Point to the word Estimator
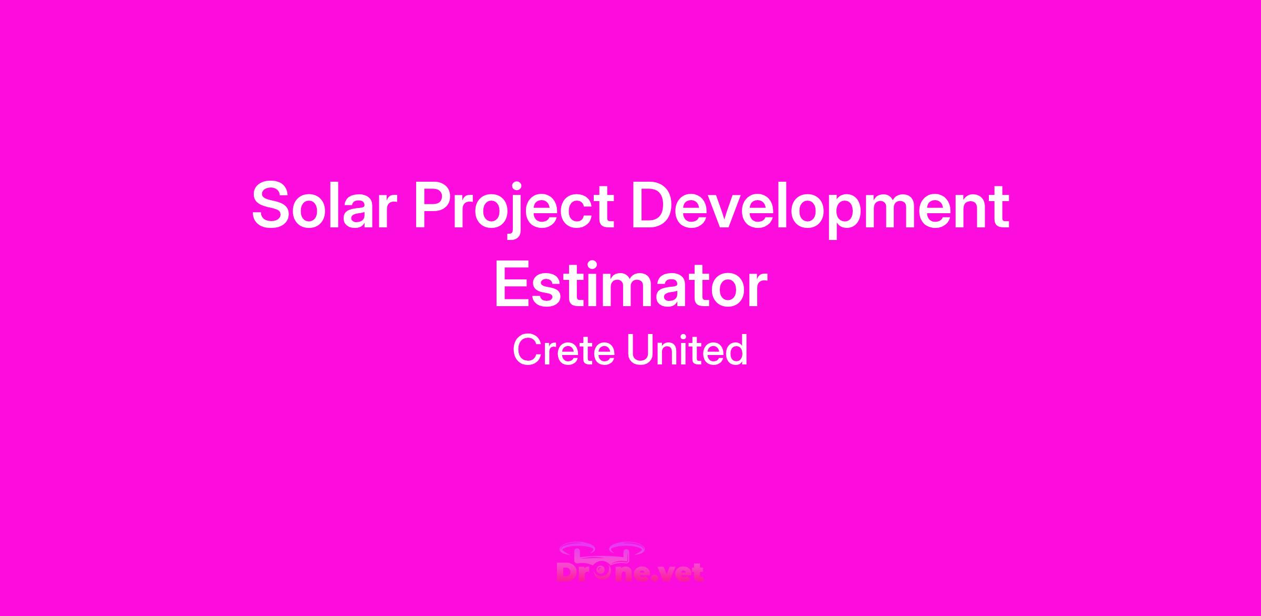pos(630,286)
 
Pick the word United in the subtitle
pos(688,350)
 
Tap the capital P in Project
pos(434,205)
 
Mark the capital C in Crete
pos(527,350)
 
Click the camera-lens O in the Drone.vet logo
pos(604,572)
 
